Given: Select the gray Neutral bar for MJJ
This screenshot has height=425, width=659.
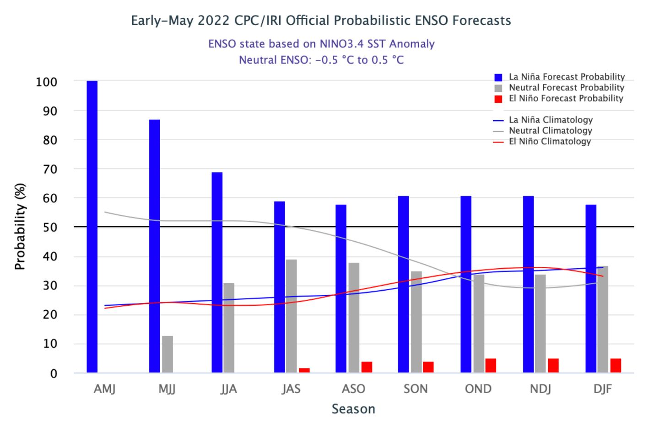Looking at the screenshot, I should coord(167,354).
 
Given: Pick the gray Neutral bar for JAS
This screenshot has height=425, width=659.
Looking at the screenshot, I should coord(292,316).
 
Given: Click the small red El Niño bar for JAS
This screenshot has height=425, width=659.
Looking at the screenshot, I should coord(304,370).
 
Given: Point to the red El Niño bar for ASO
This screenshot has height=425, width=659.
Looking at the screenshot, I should coord(367,367).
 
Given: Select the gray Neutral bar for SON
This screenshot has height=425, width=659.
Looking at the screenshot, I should coord(416,322).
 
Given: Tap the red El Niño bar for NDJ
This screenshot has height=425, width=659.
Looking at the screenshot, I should coord(553,366).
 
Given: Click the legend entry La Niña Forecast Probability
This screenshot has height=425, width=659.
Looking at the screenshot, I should coord(567,77).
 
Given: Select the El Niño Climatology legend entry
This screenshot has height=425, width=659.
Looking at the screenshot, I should coord(550,141).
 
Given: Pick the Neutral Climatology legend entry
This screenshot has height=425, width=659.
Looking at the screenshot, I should coord(551,131).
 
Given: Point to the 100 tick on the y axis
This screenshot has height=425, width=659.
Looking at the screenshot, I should coord(47,82).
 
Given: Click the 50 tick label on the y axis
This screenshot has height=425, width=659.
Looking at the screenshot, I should coord(50,227).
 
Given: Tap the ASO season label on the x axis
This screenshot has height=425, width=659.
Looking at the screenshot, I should coord(354,389).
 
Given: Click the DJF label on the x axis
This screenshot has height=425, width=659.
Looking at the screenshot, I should coord(603,389).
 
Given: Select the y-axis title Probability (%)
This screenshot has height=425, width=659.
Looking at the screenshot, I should coord(20,227).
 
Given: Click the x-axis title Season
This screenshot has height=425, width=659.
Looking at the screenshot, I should coord(353,409).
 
